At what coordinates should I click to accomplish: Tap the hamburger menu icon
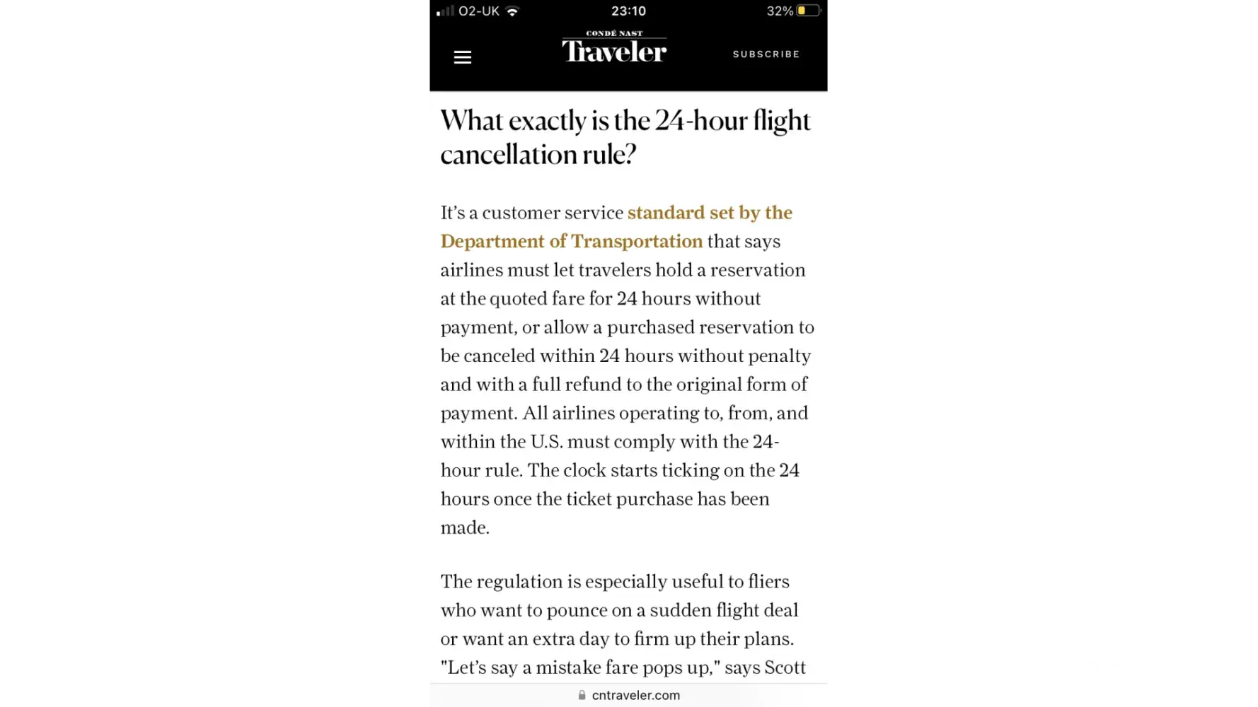462,57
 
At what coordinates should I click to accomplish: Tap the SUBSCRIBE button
766,54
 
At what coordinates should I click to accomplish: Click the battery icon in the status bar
809,11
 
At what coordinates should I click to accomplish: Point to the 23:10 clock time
628,11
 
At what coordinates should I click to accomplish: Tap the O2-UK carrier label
479,11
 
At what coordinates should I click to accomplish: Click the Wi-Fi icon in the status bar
513,11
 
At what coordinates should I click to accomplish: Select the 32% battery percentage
780,11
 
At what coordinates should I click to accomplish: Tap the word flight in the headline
781,121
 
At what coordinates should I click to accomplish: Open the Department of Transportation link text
572,241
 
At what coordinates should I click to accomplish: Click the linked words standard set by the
710,213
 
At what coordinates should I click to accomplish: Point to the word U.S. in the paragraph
546,442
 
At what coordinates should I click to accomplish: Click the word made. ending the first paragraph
465,527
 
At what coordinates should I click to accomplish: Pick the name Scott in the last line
785,667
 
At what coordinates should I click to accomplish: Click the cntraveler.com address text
636,695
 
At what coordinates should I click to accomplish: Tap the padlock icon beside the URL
582,695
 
